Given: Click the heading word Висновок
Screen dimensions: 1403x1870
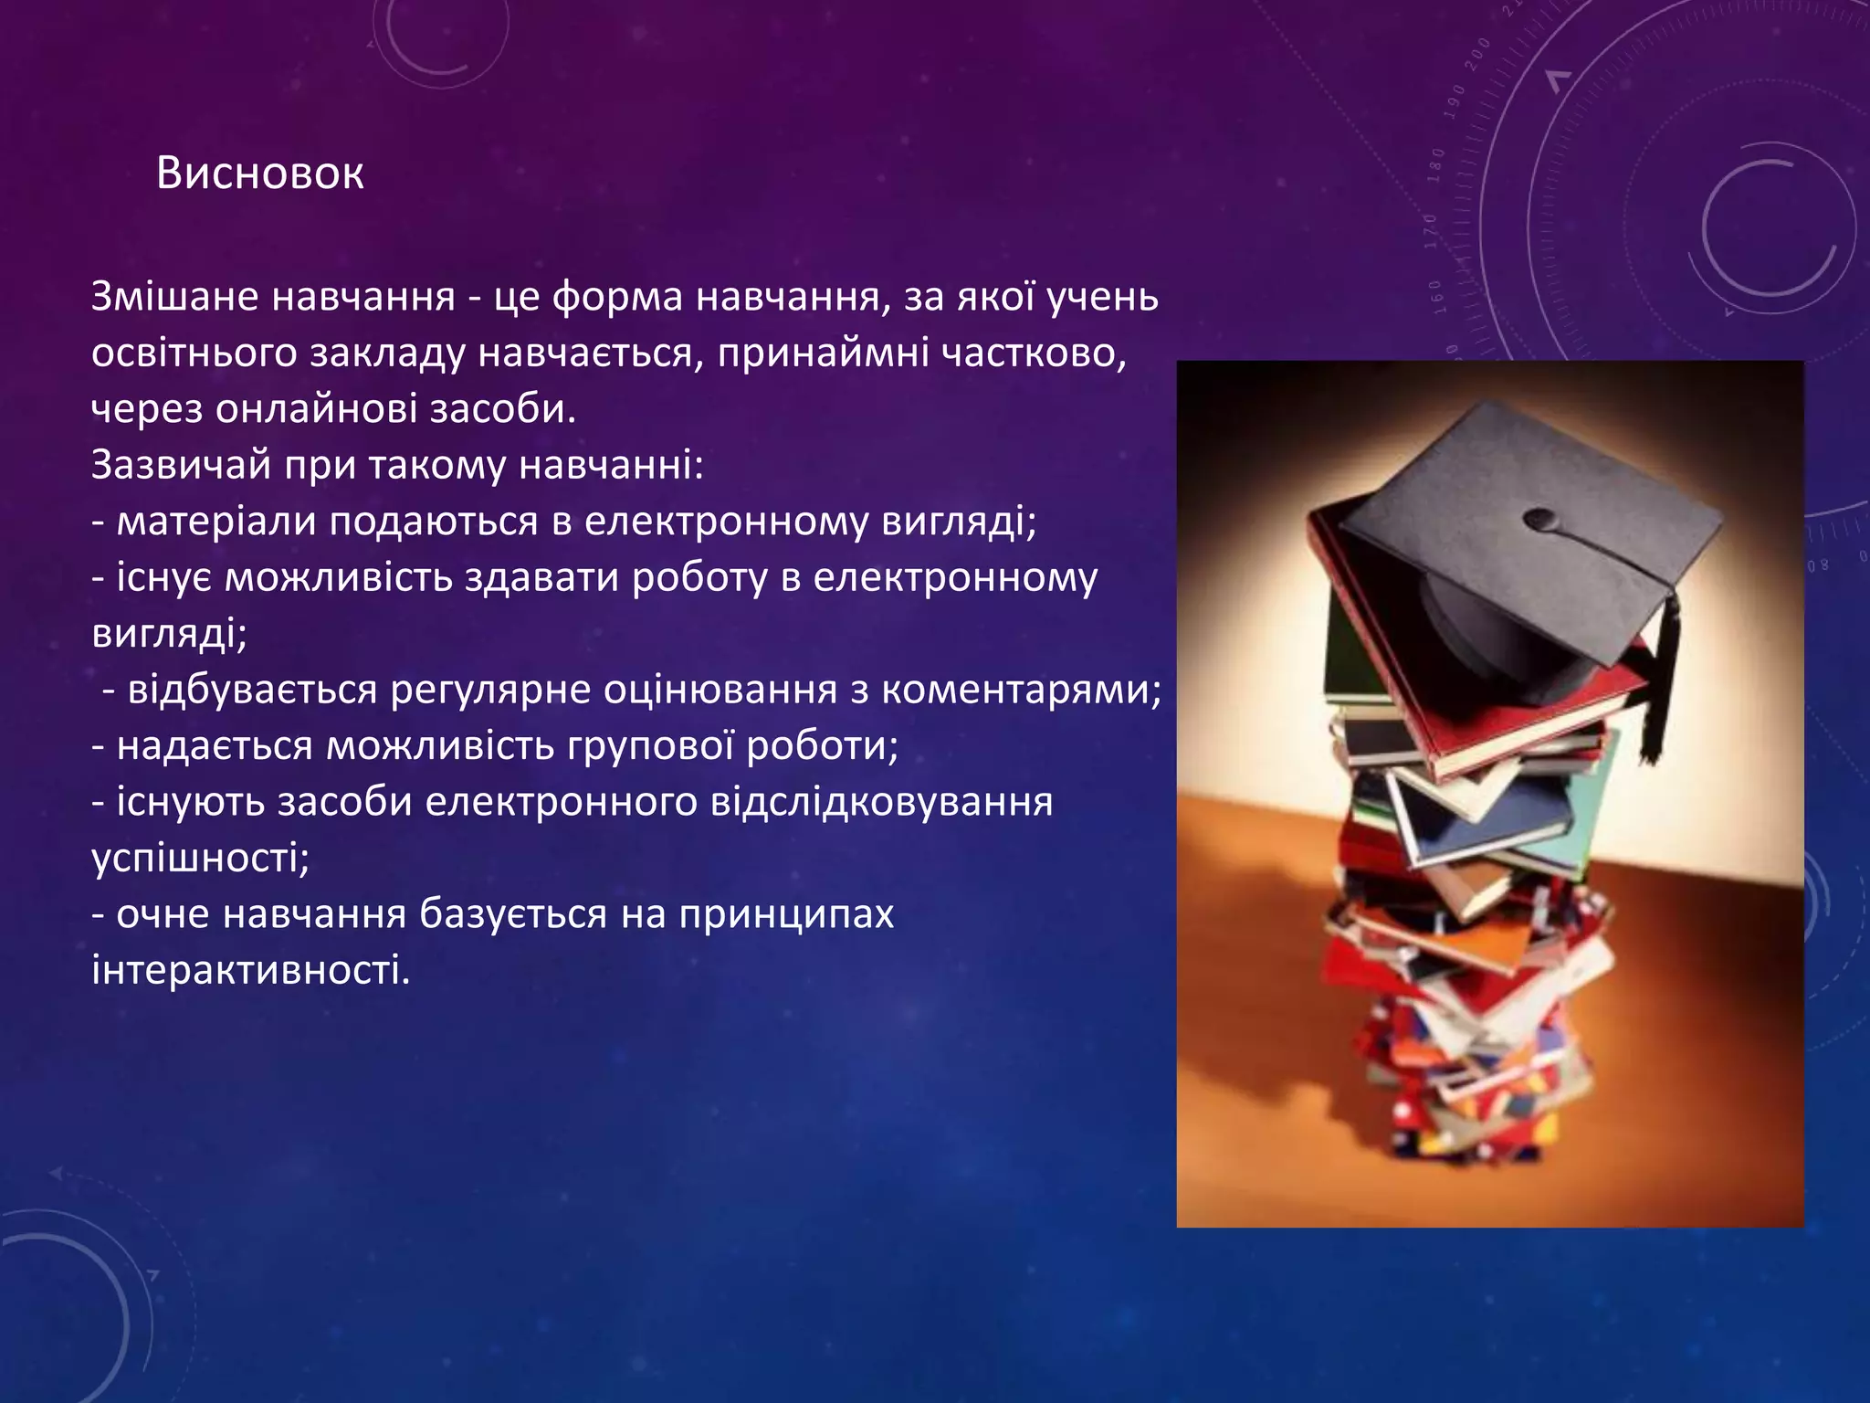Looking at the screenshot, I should (260, 173).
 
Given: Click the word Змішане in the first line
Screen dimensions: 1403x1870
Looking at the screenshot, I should (174, 297).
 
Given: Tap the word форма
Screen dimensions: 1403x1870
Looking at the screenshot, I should (617, 297).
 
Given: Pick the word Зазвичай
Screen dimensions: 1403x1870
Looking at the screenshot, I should (181, 465).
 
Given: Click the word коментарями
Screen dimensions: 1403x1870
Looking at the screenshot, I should (1021, 691).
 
